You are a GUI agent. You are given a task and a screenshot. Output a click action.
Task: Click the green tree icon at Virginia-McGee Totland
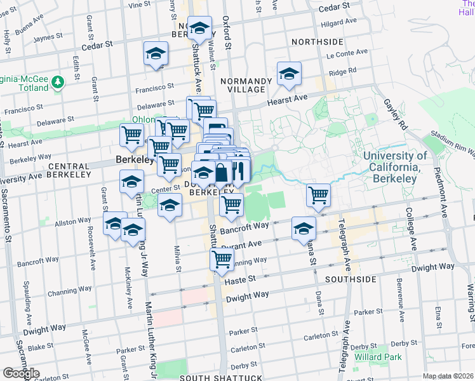coord(58,83)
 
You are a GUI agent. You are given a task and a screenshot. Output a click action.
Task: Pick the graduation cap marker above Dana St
coord(304,227)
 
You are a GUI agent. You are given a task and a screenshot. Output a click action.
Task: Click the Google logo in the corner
coord(20,373)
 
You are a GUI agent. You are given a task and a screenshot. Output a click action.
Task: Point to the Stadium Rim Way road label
coord(452,143)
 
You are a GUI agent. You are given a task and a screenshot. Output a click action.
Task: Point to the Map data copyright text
coord(447,376)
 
